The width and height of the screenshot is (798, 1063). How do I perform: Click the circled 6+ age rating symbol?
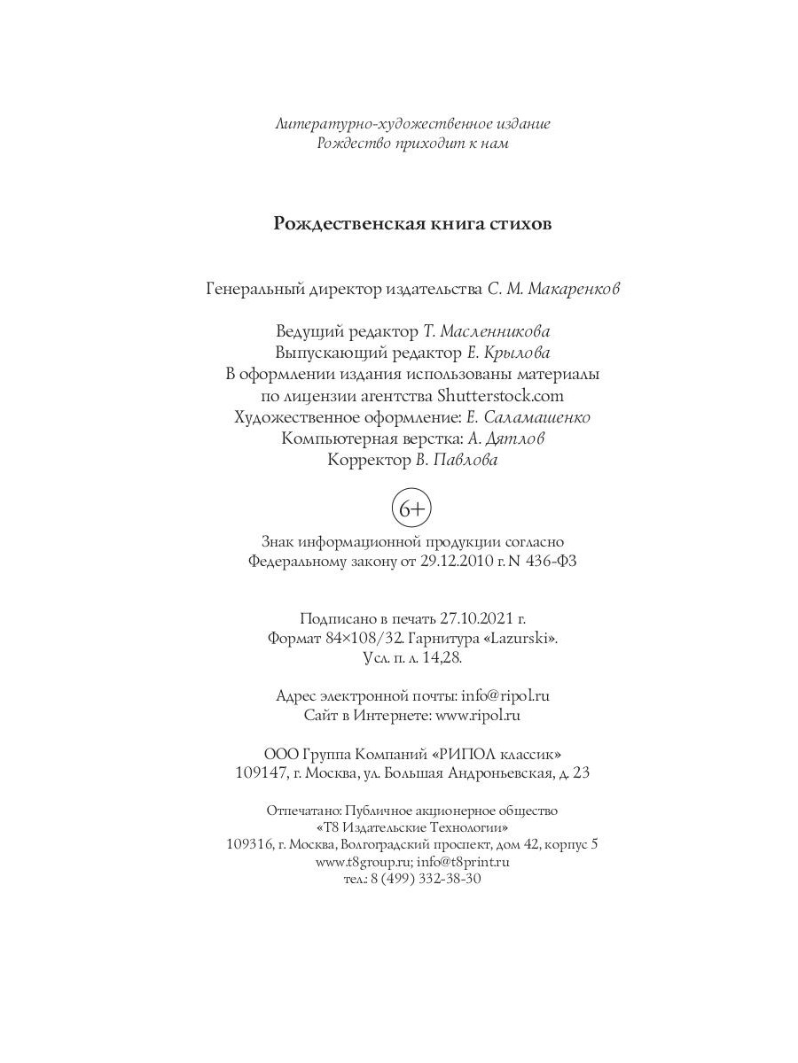point(411,509)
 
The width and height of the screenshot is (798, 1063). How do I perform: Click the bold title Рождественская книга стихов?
point(412,223)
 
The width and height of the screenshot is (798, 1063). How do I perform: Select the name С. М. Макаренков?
point(553,290)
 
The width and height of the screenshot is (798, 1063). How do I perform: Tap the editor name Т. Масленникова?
point(485,331)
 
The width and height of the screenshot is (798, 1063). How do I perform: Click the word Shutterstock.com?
point(500,395)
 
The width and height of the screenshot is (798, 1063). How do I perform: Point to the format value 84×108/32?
point(349,637)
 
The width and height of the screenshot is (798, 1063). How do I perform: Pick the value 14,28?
point(443,658)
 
